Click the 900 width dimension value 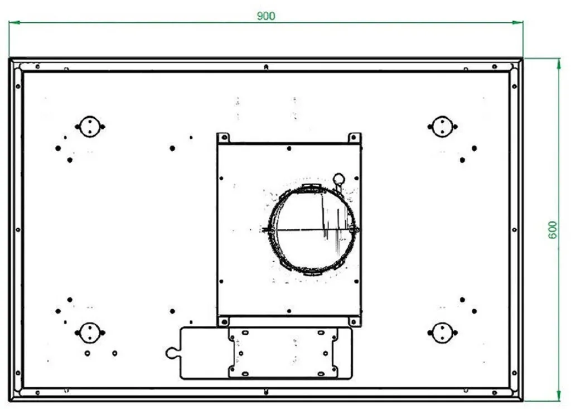[x=266, y=16]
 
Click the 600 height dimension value [x=553, y=230]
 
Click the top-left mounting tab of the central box [x=223, y=138]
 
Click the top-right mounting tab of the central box [x=354, y=138]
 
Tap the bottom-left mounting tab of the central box [x=223, y=321]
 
